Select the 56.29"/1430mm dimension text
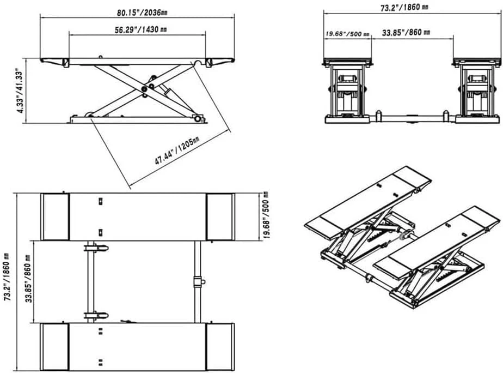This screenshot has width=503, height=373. pos(140,29)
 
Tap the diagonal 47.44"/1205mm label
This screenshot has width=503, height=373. pos(177,151)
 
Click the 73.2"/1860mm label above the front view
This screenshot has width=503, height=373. pos(404,7)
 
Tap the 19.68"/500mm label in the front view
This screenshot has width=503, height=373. pos(347,33)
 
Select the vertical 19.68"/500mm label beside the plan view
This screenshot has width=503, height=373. pos(266,215)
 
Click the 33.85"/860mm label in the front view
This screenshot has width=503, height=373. pos(406,33)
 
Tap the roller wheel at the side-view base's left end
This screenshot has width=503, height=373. pos(88,115)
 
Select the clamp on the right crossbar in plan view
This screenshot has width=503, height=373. pos(198,281)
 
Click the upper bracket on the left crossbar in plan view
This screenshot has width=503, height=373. pos(96,248)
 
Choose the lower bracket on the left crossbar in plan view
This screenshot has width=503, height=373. pos(96,316)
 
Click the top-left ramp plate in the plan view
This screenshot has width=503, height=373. pos(55,216)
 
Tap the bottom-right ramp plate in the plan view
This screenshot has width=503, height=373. pos(220,347)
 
